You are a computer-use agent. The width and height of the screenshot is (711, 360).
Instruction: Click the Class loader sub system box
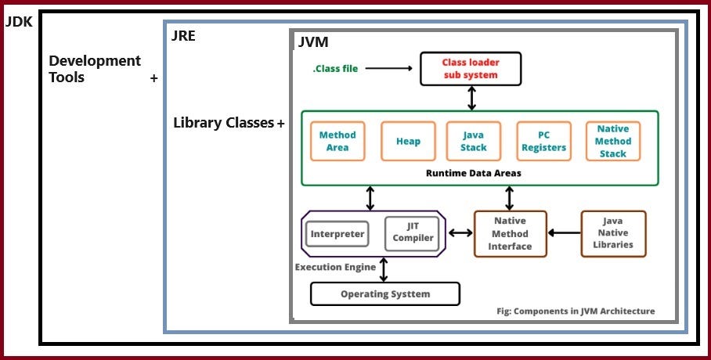(x=470, y=68)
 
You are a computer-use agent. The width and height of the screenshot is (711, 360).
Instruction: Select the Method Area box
(x=337, y=141)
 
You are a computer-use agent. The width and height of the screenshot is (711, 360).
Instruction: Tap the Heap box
(x=408, y=141)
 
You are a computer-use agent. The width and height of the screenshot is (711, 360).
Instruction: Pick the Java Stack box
(x=473, y=141)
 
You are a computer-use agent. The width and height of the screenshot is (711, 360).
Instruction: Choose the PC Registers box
(x=542, y=141)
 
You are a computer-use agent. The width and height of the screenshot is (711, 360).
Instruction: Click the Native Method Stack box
(x=612, y=141)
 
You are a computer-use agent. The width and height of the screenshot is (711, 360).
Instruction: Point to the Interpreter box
(x=337, y=233)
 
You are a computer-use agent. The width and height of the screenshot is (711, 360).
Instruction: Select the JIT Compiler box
(x=413, y=232)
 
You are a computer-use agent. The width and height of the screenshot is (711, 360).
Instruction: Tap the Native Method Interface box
(x=510, y=233)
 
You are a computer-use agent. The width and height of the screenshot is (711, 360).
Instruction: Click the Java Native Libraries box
(x=613, y=233)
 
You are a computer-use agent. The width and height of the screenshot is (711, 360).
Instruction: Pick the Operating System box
(x=385, y=293)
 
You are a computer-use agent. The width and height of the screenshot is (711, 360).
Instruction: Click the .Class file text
(x=335, y=68)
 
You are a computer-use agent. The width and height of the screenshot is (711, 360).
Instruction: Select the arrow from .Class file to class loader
(x=388, y=68)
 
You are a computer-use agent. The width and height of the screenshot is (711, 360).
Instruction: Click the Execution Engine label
(x=335, y=267)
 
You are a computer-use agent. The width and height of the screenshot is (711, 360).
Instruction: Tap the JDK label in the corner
(x=19, y=22)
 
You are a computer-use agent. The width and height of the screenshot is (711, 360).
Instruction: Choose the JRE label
(x=183, y=35)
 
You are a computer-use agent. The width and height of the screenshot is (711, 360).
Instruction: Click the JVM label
(x=313, y=42)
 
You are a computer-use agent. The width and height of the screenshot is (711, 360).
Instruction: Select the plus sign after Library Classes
(x=280, y=124)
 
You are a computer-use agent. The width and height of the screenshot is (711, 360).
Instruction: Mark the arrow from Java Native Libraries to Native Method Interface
(x=564, y=233)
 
